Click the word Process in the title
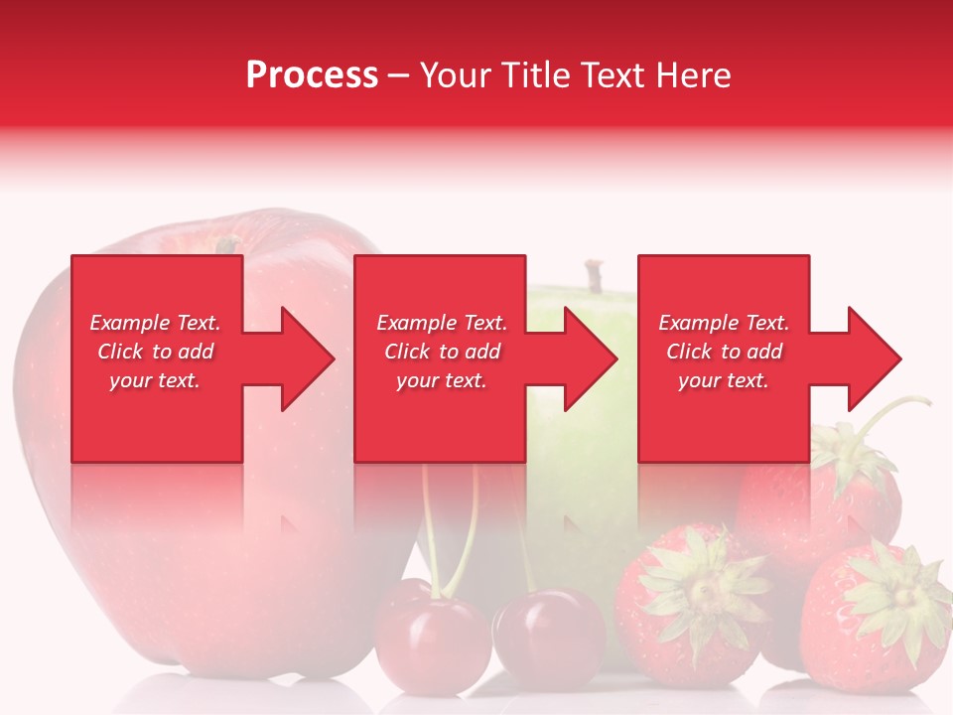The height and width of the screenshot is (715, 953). (312, 75)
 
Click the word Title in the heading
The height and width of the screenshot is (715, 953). (536, 75)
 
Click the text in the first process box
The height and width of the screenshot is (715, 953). (155, 352)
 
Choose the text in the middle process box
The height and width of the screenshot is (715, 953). (442, 352)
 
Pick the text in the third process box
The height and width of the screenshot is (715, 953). (724, 352)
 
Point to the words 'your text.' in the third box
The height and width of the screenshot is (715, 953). (724, 380)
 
